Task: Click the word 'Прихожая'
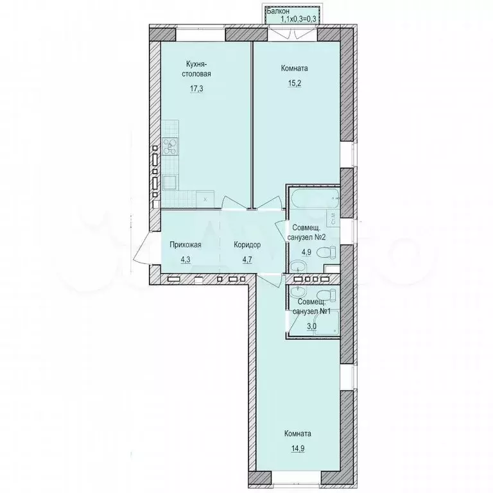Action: coord(186,245)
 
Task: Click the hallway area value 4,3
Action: coord(186,260)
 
